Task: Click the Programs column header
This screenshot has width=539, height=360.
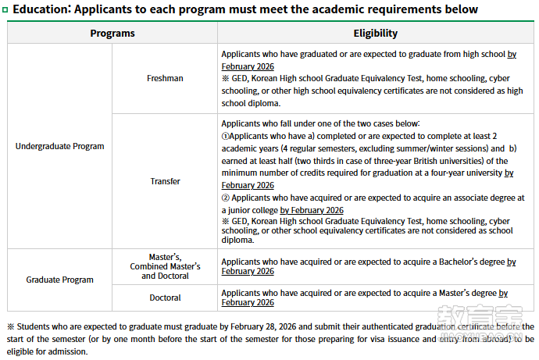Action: coord(112,34)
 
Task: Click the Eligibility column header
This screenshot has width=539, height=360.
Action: coord(376,34)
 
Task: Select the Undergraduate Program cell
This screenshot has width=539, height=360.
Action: coord(59,146)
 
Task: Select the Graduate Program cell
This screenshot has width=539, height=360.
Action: coord(59,280)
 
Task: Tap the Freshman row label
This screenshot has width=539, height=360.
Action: coord(165,78)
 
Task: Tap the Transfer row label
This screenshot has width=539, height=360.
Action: coord(165,181)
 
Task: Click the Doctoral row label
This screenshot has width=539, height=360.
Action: coord(165,298)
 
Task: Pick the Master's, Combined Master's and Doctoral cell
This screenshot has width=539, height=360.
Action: coord(165,266)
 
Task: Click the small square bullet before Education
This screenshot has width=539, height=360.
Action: coord(6,9)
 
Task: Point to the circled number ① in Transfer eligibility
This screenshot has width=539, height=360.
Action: coord(226,136)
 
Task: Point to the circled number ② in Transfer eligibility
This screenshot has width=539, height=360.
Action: coord(226,198)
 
